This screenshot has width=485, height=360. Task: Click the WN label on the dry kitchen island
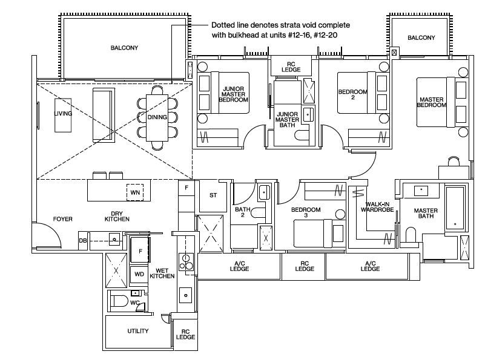tap(135, 192)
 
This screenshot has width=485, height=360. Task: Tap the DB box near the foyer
tap(82, 240)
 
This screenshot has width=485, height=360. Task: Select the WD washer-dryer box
tap(139, 274)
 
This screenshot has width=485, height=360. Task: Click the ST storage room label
tap(213, 195)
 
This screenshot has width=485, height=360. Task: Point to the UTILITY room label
tap(138, 331)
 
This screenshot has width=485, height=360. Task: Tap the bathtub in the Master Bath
tap(455, 208)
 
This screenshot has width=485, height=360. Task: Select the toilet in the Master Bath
tap(411, 235)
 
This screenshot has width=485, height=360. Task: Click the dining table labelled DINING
tap(157, 118)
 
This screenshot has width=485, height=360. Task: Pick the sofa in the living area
tap(104, 114)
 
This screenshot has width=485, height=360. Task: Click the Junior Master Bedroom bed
tap(230, 93)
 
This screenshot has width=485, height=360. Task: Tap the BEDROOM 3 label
tap(306, 212)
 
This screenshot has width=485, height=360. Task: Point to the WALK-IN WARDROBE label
tap(377, 207)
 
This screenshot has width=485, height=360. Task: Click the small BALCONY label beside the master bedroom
tap(421, 38)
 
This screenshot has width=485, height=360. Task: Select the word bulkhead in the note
tap(242, 35)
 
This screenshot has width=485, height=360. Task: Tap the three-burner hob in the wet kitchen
tap(186, 262)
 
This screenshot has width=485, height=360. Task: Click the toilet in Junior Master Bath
tap(302, 135)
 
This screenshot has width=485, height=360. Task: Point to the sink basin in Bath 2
tap(264, 192)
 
